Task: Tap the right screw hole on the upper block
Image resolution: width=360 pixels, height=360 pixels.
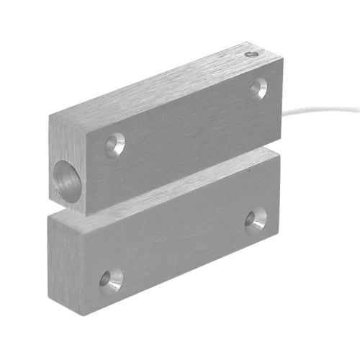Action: point(258,89)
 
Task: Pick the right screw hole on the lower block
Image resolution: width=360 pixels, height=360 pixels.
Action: point(256,220)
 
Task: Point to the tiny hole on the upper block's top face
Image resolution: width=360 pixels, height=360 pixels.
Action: point(250,53)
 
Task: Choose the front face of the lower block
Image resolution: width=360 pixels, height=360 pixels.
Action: point(180,245)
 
